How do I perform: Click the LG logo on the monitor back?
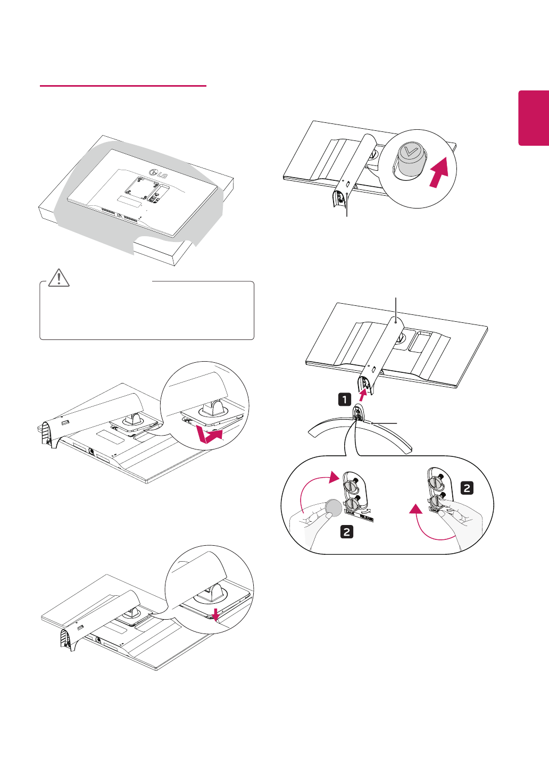coord(158,172)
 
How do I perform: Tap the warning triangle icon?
coord(59,278)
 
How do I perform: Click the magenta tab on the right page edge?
coord(534,118)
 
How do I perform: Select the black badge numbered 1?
coord(345,399)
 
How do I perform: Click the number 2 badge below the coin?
coord(347,531)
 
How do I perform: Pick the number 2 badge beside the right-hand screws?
coord(467,488)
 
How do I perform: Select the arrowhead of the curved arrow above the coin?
coord(334,477)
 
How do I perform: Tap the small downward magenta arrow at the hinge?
coord(215,614)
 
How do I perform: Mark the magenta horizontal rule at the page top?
coord(123,86)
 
